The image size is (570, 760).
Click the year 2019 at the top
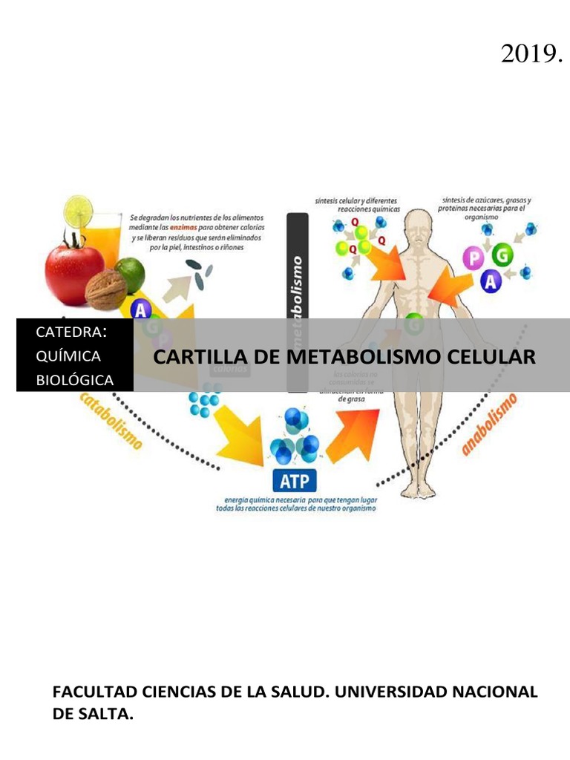[530, 53]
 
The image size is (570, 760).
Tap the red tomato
[73, 271]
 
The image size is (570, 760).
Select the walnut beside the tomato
[105, 290]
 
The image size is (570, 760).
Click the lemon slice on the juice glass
[78, 212]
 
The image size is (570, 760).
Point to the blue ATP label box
[295, 482]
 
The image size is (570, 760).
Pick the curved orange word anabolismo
[489, 425]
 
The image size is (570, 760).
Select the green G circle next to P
[502, 256]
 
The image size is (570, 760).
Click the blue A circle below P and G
[491, 281]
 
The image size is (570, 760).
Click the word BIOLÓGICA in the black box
[75, 380]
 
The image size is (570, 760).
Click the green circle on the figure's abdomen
[414, 324]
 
